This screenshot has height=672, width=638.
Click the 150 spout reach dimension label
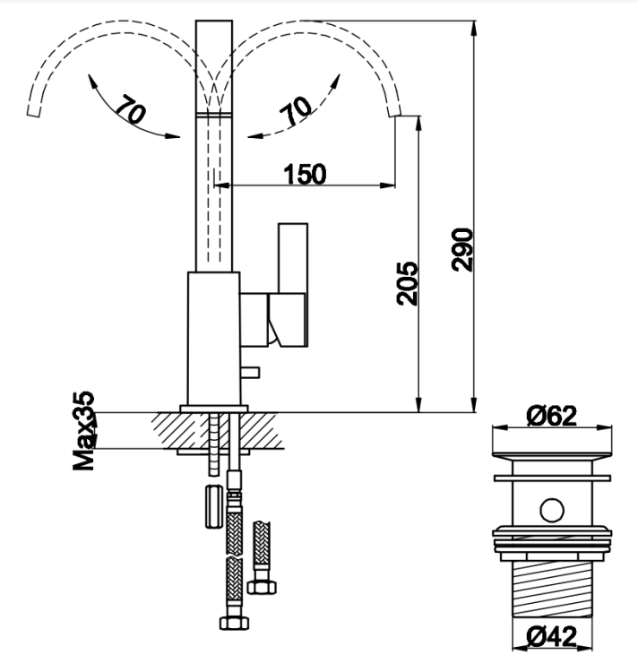(305, 174)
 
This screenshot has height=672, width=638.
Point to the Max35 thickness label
(85, 431)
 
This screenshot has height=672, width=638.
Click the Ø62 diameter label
(551, 415)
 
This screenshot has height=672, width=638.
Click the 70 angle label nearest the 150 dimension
(297, 110)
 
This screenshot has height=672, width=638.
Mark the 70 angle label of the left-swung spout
(129, 111)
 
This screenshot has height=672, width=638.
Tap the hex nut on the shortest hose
(264, 588)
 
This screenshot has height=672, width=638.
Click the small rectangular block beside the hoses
(213, 505)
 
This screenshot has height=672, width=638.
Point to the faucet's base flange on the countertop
(214, 408)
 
